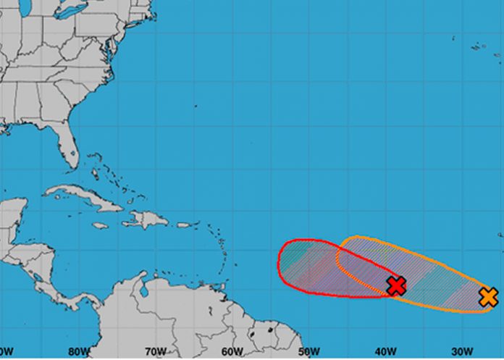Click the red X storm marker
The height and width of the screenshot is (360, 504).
(395, 285)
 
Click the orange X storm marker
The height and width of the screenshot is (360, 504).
(489, 296)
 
